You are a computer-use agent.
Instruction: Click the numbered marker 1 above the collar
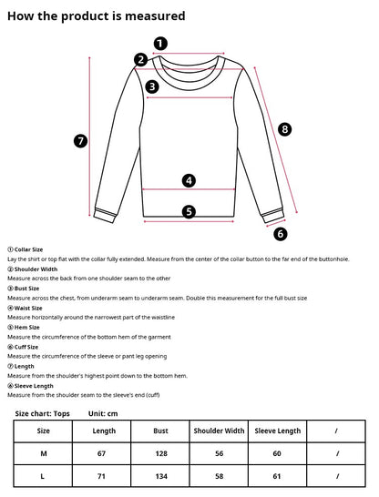160,43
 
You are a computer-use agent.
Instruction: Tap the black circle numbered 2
140,60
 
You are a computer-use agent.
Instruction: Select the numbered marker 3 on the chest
152,86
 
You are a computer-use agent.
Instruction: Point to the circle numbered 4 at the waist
189,180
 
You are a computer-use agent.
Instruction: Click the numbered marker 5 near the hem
189,211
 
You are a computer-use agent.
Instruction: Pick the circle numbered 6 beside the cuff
280,233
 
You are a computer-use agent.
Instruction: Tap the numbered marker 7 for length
80,140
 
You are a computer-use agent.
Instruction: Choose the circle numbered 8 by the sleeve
284,129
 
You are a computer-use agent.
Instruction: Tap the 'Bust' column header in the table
161,431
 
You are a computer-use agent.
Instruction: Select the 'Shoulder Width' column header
218,431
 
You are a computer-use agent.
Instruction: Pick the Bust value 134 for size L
161,475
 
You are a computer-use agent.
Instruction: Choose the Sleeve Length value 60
278,452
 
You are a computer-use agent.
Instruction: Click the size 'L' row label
44,475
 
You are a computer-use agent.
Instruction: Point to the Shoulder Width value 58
218,475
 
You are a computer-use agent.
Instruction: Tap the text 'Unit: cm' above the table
103,413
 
